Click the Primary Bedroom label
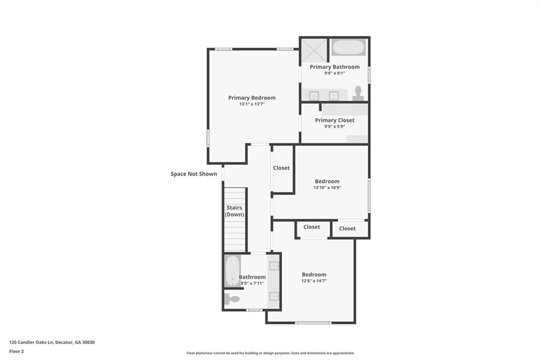[252, 98]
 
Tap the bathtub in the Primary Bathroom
[349, 47]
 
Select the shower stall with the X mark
[314, 51]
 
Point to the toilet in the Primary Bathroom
[358, 93]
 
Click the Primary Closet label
[334, 120]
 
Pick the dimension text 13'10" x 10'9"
[327, 187]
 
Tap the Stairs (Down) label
[234, 211]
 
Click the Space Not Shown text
[193, 174]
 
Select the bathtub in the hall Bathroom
[232, 271]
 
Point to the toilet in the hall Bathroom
[232, 299]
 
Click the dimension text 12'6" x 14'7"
[314, 281]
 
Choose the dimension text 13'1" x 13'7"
[252, 104]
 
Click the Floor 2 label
[16, 352]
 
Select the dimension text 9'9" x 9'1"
[334, 73]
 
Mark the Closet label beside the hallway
[281, 168]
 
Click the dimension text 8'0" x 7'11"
[252, 283]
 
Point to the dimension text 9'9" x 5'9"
[334, 127]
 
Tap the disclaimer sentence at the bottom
[270, 353]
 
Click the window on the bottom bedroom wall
[313, 323]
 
